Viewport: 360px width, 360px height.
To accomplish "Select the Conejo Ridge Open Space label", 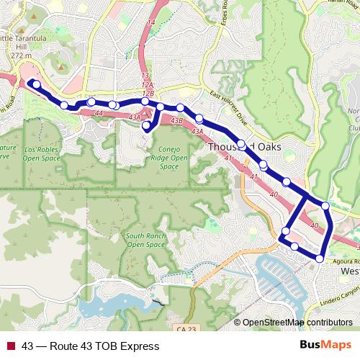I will pyautogui.click(x=168, y=158).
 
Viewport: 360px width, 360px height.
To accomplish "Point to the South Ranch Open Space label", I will pyautogui.click(x=145, y=240).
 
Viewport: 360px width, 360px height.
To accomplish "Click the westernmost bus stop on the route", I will pyautogui.click(x=36, y=84).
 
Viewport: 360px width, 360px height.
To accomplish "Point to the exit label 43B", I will pyautogui.click(x=177, y=121).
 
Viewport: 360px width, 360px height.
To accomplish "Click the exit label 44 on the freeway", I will pyautogui.click(x=99, y=114).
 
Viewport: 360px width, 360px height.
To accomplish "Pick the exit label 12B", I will pyautogui.click(x=148, y=93).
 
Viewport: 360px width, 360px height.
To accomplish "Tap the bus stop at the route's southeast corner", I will pyautogui.click(x=320, y=258).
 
